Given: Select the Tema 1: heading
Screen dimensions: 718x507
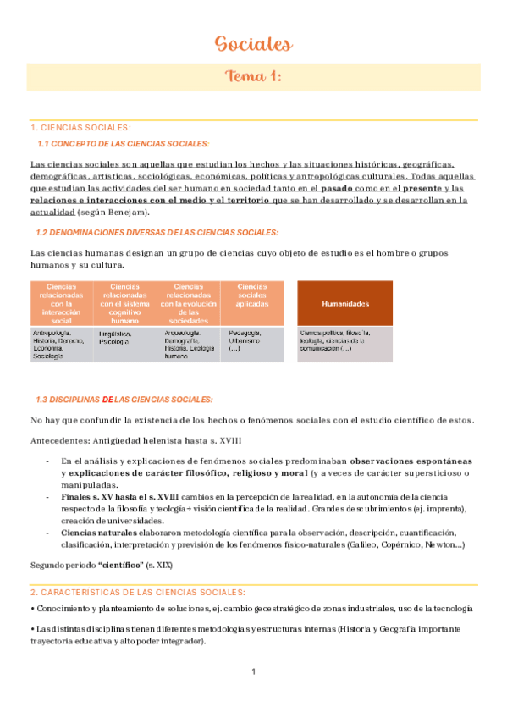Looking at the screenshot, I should (x=253, y=77).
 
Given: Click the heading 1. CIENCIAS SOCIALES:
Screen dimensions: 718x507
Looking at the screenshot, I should (x=80, y=127).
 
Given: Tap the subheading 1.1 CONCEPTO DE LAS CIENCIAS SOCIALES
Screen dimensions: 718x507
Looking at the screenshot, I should (x=124, y=144).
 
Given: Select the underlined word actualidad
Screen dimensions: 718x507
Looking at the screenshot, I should (x=55, y=212).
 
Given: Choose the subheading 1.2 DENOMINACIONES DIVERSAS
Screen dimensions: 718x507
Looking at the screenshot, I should (x=157, y=232).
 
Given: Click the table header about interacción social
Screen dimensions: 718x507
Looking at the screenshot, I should (x=61, y=303).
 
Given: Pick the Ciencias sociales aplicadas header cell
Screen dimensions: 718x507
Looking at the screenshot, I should (x=252, y=295).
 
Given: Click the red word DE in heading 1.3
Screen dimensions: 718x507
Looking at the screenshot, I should (x=107, y=399).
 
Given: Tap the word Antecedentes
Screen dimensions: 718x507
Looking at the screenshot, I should (x=56, y=440).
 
